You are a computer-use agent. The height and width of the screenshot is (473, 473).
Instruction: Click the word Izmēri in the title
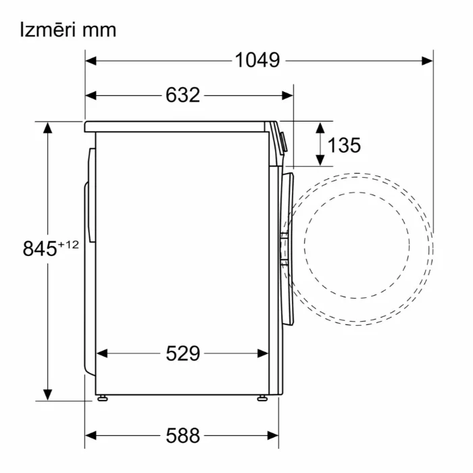point(46,30)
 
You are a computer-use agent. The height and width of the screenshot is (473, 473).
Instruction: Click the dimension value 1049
point(257,59)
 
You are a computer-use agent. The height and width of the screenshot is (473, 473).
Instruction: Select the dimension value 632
point(183,95)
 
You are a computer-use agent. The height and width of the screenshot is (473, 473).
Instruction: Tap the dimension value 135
point(344,145)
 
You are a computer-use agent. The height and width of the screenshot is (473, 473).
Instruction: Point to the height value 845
point(40,249)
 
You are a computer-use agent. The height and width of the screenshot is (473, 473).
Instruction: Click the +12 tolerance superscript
point(68,245)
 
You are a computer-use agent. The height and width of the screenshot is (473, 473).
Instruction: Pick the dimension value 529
point(183,353)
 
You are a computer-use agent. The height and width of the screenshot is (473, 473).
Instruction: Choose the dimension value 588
point(183,436)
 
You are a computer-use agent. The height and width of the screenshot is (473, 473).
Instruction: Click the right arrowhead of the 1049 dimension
point(427,61)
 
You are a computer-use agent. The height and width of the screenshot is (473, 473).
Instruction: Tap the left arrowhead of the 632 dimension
point(91,96)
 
